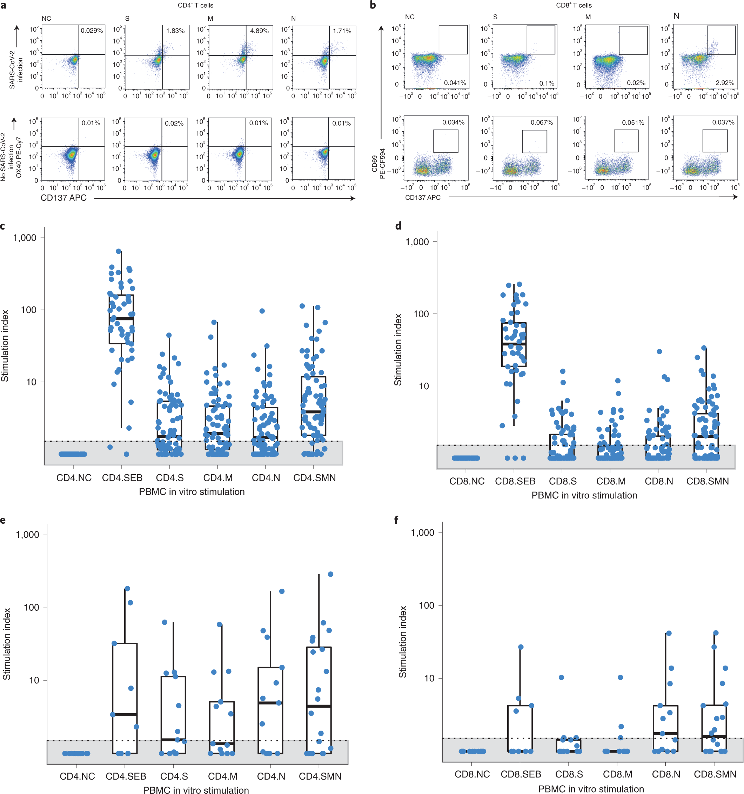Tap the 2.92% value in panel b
[724, 83]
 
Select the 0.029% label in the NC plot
[92, 30]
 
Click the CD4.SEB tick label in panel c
[122, 478]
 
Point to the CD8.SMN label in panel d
[707, 481]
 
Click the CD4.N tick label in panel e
[271, 776]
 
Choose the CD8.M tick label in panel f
[617, 774]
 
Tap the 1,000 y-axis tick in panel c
[25, 238]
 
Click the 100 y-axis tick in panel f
[426, 605]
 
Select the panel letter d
[398, 226]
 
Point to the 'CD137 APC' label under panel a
[63, 198]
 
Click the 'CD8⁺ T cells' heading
[574, 5]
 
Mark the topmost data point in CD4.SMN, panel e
[330, 574]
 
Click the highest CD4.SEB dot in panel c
[119, 251]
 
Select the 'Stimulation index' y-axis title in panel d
[397, 350]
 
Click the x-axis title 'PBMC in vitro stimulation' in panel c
[192, 492]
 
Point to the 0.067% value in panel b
[541, 122]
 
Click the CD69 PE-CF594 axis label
[378, 164]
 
